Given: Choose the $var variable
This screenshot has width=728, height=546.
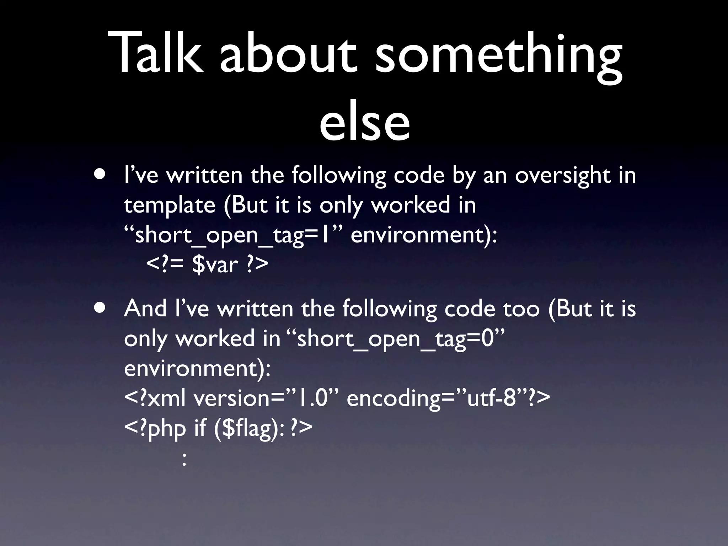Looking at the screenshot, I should tap(215, 265).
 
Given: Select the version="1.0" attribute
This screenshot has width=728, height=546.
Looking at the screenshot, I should tap(268, 398).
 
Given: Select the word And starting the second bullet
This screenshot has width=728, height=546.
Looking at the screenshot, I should tap(145, 309).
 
